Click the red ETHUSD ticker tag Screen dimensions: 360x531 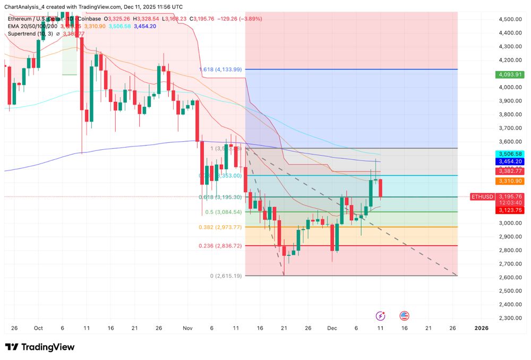click(482, 196)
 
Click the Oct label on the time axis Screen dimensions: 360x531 click(38, 328)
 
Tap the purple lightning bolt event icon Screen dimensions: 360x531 click(381, 316)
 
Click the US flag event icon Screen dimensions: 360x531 click(404, 316)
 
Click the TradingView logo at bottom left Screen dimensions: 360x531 click(40, 347)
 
